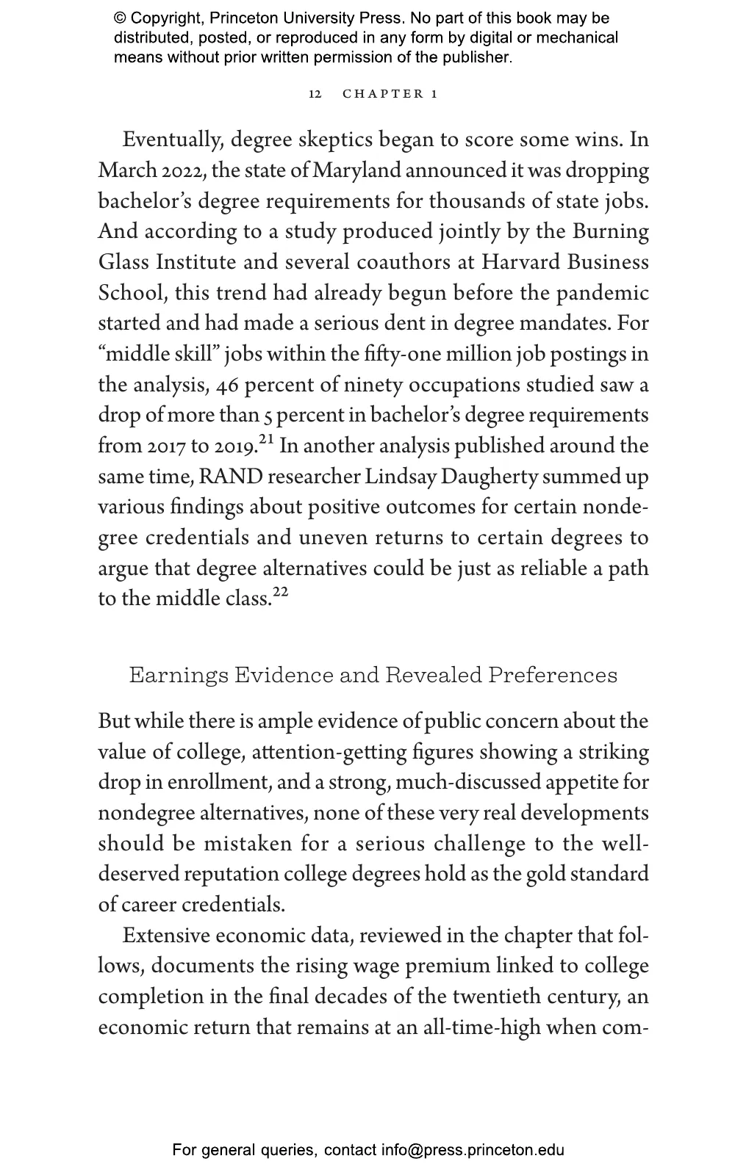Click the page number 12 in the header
(315, 94)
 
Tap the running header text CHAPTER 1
(390, 94)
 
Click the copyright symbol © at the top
(120, 18)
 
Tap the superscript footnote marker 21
(266, 440)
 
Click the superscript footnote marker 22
(280, 593)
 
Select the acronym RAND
(231, 477)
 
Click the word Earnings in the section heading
(179, 675)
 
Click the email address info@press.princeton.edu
(472, 1150)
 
